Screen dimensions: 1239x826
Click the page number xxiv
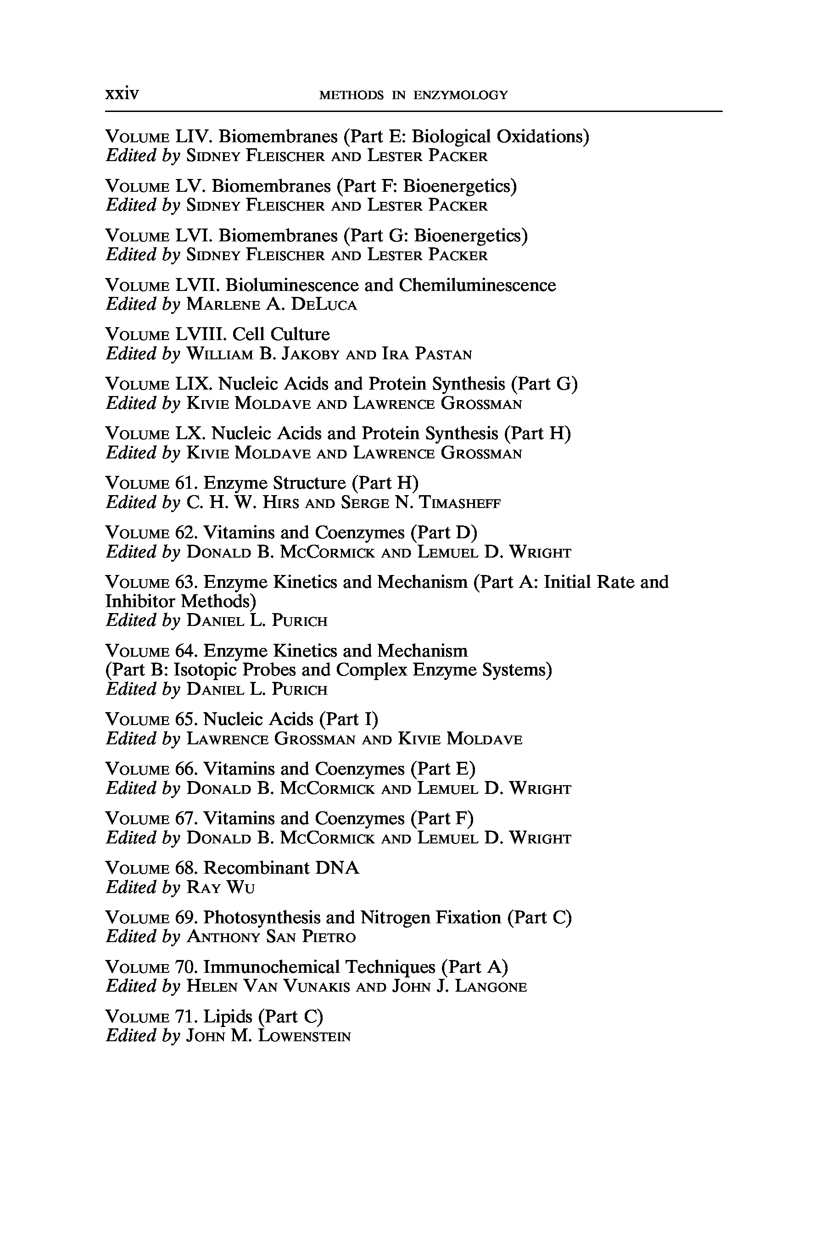122,94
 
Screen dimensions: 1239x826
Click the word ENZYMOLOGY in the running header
460,95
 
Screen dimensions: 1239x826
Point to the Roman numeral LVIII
201,335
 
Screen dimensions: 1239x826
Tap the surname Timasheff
459,502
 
